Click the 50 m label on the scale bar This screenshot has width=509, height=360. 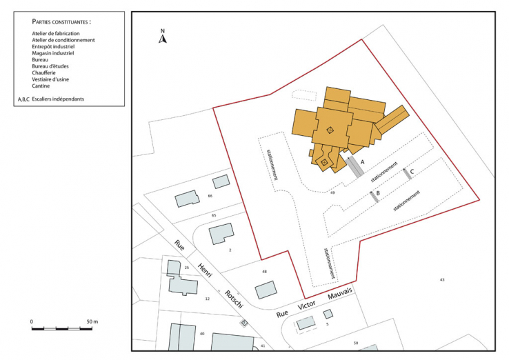coord(92,322)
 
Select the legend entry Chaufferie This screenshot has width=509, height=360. coord(46,72)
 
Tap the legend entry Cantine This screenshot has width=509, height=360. coord(43,86)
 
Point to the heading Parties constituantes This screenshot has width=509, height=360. coord(61,22)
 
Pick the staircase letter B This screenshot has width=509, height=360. coord(378,194)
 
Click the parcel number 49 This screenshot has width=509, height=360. coord(332,194)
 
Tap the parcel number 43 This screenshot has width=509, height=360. coord(442,279)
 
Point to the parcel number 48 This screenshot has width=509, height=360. coord(264,272)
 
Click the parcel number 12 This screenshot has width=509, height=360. coord(207,299)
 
